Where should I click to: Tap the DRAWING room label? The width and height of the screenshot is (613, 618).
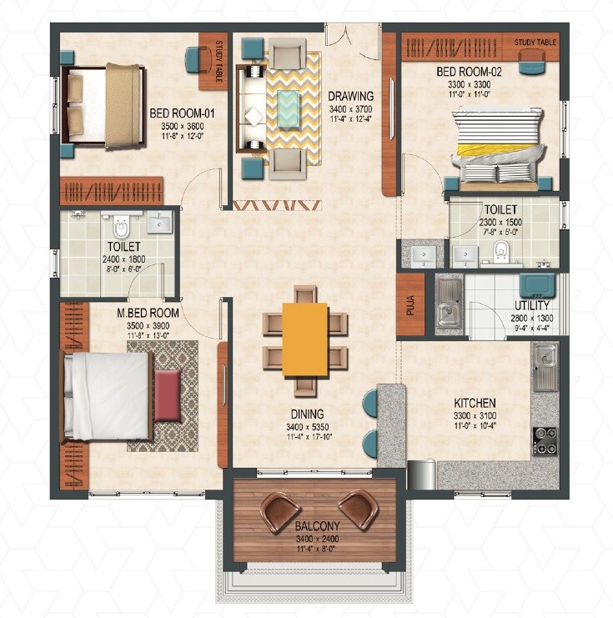point(349,95)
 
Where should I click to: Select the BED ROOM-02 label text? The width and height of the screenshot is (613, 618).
point(465,72)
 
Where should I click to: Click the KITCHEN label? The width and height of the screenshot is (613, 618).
point(475,403)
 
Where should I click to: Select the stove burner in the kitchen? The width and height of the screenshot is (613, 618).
point(545,440)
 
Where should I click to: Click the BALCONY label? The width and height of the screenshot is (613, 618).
point(317,526)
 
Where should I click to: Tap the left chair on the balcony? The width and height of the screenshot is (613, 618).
point(281,510)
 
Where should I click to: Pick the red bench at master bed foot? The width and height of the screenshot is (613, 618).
point(168,395)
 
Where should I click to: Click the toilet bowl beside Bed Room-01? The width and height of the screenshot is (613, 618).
point(122,226)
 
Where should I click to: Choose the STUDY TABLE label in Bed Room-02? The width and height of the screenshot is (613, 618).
point(534,41)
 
